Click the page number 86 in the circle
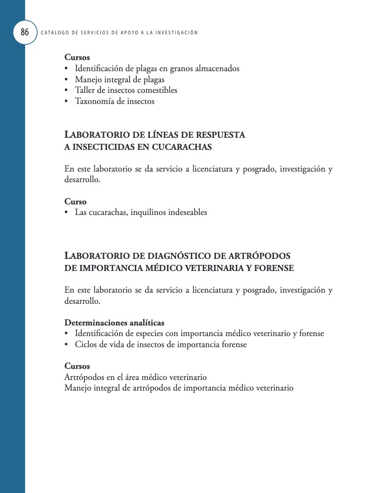tap(24, 33)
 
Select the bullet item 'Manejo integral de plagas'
tap(120, 79)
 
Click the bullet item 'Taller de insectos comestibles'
tap(126, 90)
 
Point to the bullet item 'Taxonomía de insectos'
tap(115, 101)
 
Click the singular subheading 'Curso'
tap(76, 202)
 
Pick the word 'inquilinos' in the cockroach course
tap(149, 212)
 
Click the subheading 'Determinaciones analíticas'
tap(114, 323)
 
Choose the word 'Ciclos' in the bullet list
tap(86, 345)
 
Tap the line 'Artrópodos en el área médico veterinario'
tap(136, 377)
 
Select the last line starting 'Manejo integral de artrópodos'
tap(179, 389)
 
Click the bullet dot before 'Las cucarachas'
tap(67, 213)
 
